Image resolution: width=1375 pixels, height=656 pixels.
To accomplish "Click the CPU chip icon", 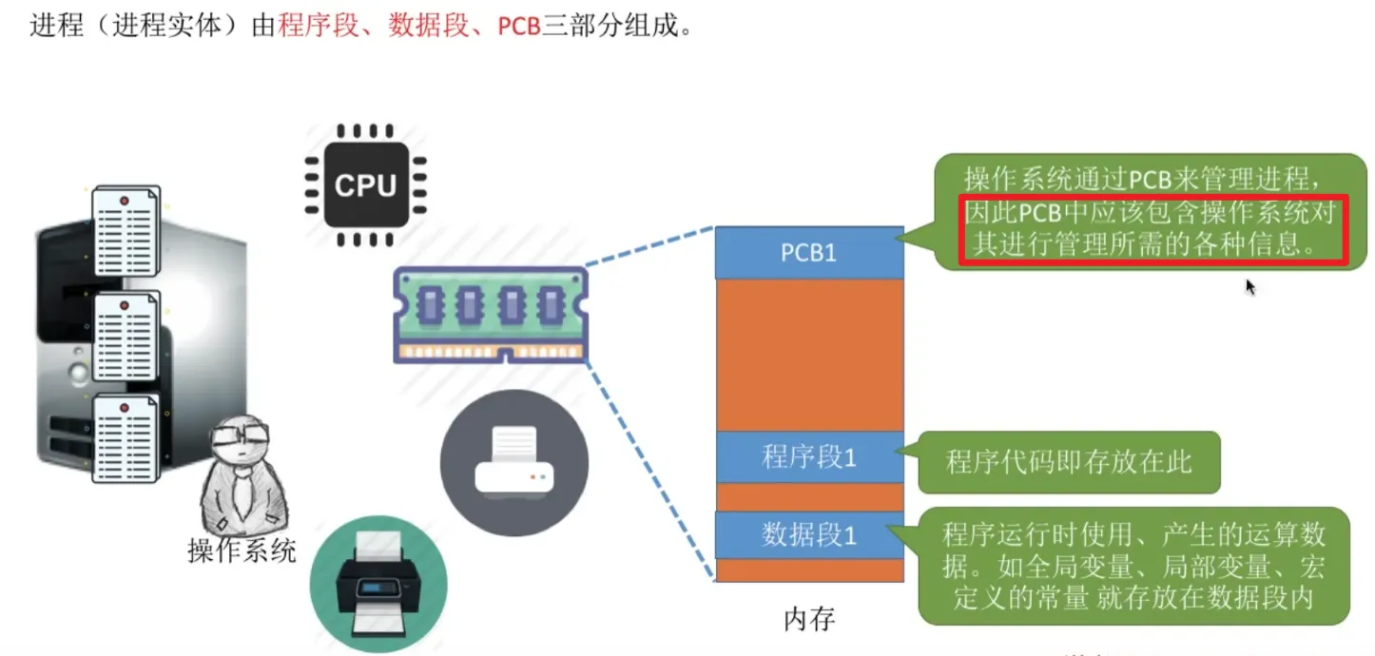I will click(x=365, y=184).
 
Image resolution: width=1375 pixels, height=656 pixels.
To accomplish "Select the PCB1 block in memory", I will click(x=808, y=253).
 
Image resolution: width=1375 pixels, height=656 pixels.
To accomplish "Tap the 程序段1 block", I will click(x=808, y=457).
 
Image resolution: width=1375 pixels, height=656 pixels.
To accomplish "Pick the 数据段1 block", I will click(x=808, y=535).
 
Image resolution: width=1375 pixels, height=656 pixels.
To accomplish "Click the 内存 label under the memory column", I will click(x=808, y=620).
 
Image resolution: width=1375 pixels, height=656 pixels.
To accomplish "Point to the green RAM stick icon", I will click(x=491, y=315).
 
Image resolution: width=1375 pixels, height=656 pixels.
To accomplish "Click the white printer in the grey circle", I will click(x=513, y=463).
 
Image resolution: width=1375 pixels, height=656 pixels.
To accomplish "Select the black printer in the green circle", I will click(x=378, y=583).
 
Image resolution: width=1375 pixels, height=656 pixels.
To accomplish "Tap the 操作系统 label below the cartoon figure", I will click(x=242, y=550).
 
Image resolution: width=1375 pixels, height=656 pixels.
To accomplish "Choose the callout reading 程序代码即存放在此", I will click(x=1068, y=463).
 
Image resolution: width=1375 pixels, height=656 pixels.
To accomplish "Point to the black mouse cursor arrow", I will click(x=1250, y=286).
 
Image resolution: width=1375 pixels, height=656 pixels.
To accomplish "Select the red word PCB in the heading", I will click(x=519, y=26).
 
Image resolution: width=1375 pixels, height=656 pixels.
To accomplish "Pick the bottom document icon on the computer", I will click(x=126, y=438).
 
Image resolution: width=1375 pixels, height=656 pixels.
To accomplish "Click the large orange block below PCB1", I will click(x=808, y=354).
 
